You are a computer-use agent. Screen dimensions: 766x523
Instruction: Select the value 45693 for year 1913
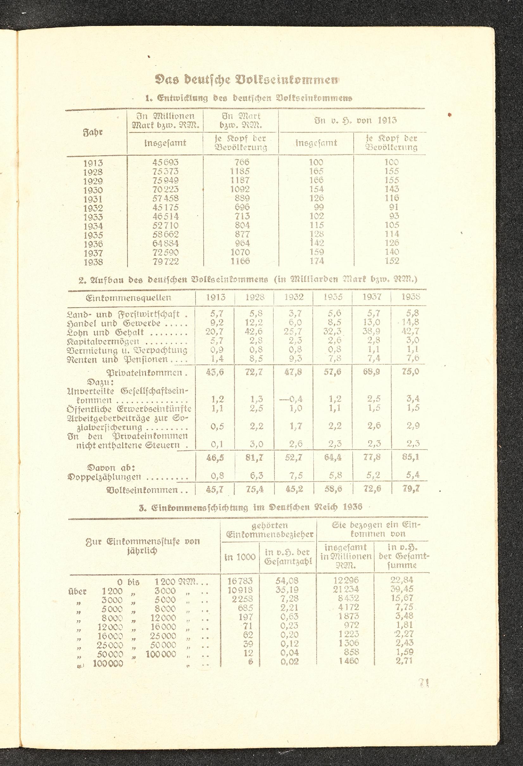165,163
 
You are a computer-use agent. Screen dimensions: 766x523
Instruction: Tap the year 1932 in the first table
93,208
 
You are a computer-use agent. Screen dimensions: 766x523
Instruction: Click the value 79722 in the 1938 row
165,262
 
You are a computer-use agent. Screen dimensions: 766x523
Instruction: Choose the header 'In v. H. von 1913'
356,120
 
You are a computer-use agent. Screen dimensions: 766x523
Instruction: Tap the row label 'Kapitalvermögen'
103,341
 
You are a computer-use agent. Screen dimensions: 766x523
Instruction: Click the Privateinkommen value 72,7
254,372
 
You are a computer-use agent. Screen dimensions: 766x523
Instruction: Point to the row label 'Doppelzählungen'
104,476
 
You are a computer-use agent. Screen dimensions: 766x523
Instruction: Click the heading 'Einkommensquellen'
128,298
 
